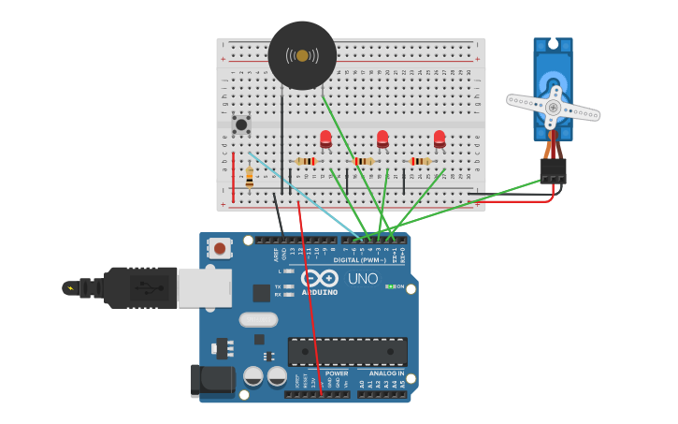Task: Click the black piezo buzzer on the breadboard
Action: pos(302,56)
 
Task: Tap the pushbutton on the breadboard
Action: pos(242,124)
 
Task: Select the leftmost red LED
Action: pos(325,139)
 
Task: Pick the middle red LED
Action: pos(382,139)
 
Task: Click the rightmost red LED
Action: pos(440,139)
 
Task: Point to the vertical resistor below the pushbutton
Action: pos(250,175)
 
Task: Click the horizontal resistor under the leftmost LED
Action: pos(306,161)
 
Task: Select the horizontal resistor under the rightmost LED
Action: pos(421,161)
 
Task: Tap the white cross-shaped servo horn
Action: pos(554,107)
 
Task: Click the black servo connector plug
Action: pos(553,170)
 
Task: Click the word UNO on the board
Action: pos(362,278)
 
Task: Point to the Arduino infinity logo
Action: pos(320,278)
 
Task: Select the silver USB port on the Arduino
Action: pos(204,287)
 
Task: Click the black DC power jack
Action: pos(212,379)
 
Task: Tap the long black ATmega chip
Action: pos(347,351)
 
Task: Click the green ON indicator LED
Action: pos(389,286)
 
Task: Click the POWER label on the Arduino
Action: pos(337,373)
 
